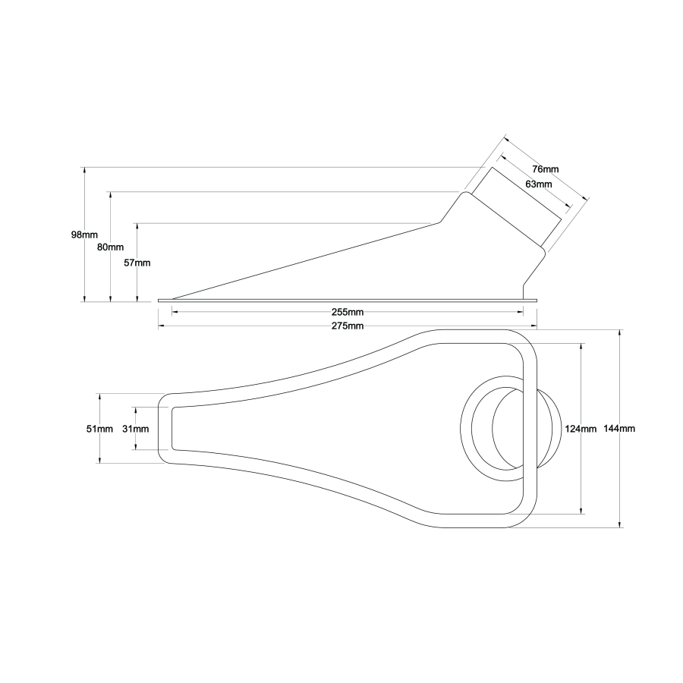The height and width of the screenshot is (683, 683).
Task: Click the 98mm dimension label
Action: (83, 234)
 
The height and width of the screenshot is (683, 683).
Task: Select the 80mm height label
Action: (111, 247)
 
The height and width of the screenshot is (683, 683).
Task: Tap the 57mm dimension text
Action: (137, 263)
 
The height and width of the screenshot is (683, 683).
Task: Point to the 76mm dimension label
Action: (545, 168)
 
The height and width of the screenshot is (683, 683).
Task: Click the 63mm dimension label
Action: (538, 184)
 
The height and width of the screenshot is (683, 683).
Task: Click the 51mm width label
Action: (99, 429)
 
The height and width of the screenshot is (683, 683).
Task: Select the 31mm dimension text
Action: (135, 429)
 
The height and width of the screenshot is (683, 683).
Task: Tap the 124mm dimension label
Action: (581, 429)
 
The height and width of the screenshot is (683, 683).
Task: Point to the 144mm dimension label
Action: (619, 429)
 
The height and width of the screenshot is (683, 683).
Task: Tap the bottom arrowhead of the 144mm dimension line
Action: (621, 523)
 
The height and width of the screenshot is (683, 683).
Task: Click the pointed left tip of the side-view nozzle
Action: (174, 298)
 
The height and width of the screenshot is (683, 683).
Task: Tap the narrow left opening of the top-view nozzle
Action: (172, 429)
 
